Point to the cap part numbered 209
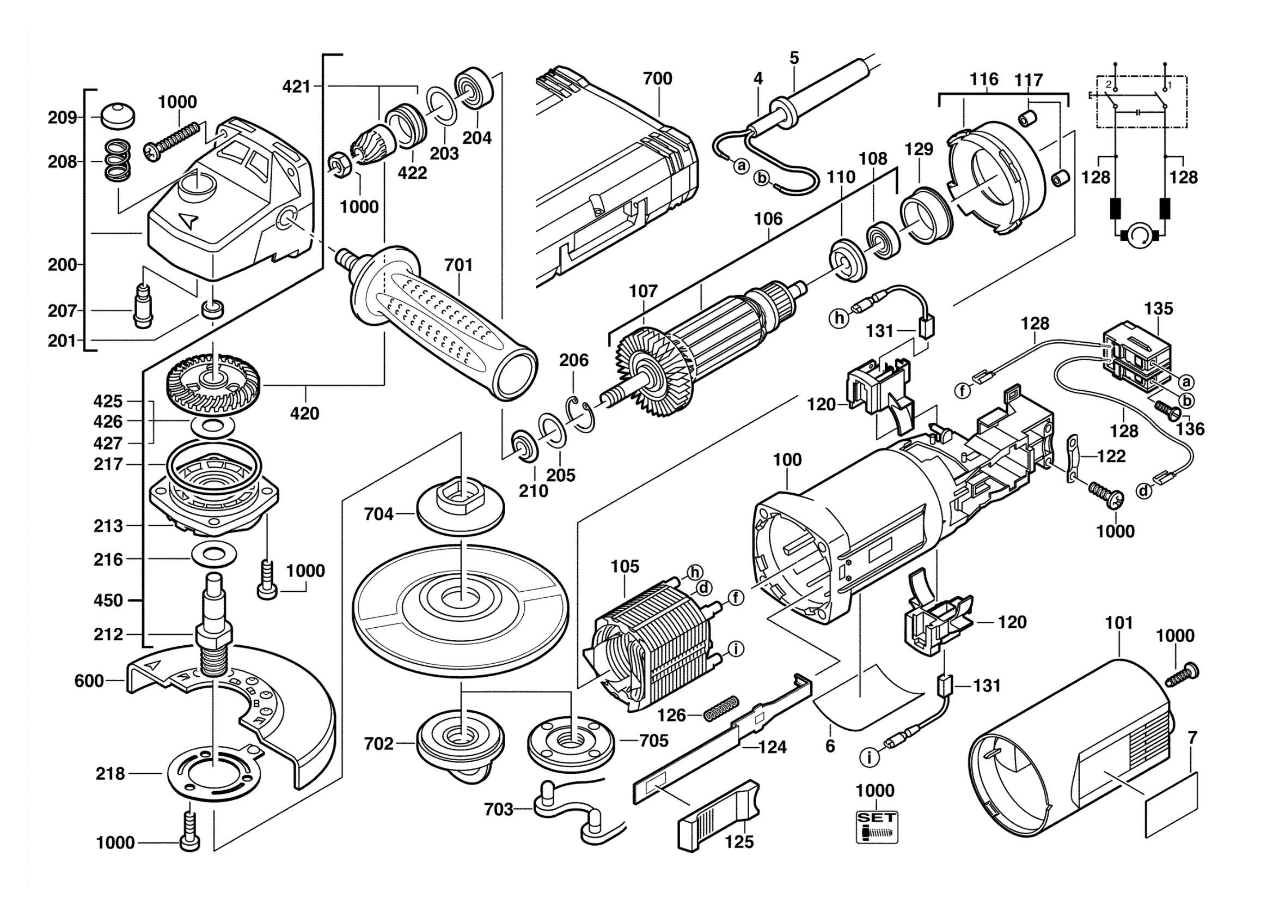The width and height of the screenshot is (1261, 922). pos(117,116)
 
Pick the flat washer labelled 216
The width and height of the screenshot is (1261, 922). pos(213,554)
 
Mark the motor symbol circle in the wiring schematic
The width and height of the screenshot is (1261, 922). pos(1140,235)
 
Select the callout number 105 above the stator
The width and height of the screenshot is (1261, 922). pos(625,567)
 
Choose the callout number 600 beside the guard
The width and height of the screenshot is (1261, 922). pos(89,681)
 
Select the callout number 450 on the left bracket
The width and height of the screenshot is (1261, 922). pos(108,600)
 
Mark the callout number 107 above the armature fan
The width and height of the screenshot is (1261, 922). pos(643,291)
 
